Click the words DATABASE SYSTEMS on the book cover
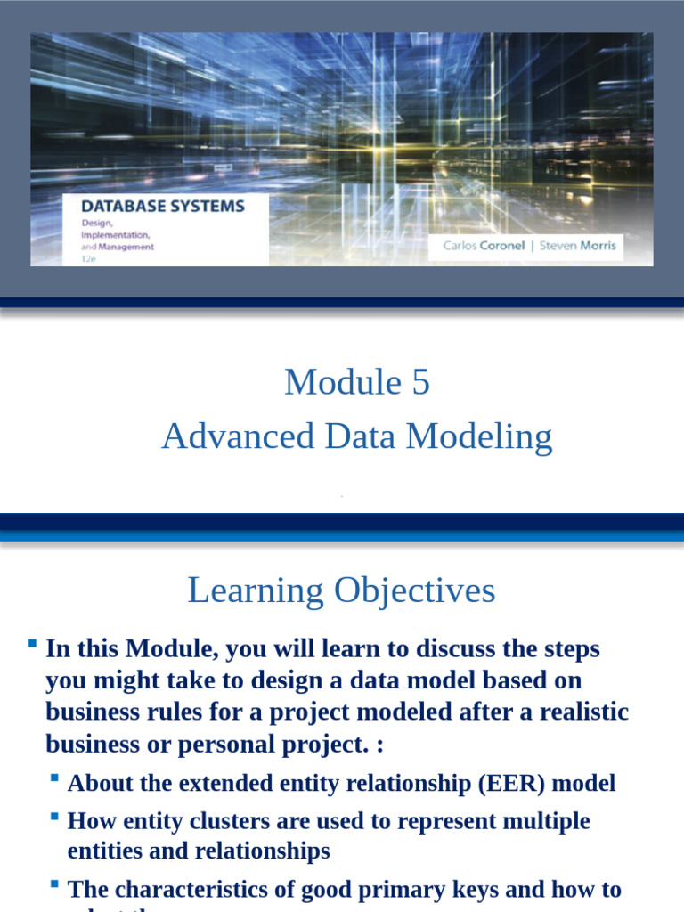[x=163, y=206]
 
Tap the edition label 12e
[x=88, y=258]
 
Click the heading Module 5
[x=356, y=382]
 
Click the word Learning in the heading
[x=256, y=590]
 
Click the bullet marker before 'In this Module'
[x=32, y=643]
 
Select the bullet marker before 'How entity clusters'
[x=54, y=816]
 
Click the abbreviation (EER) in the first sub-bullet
[x=516, y=783]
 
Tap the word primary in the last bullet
[x=418, y=889]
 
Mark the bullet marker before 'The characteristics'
[x=54, y=884]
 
